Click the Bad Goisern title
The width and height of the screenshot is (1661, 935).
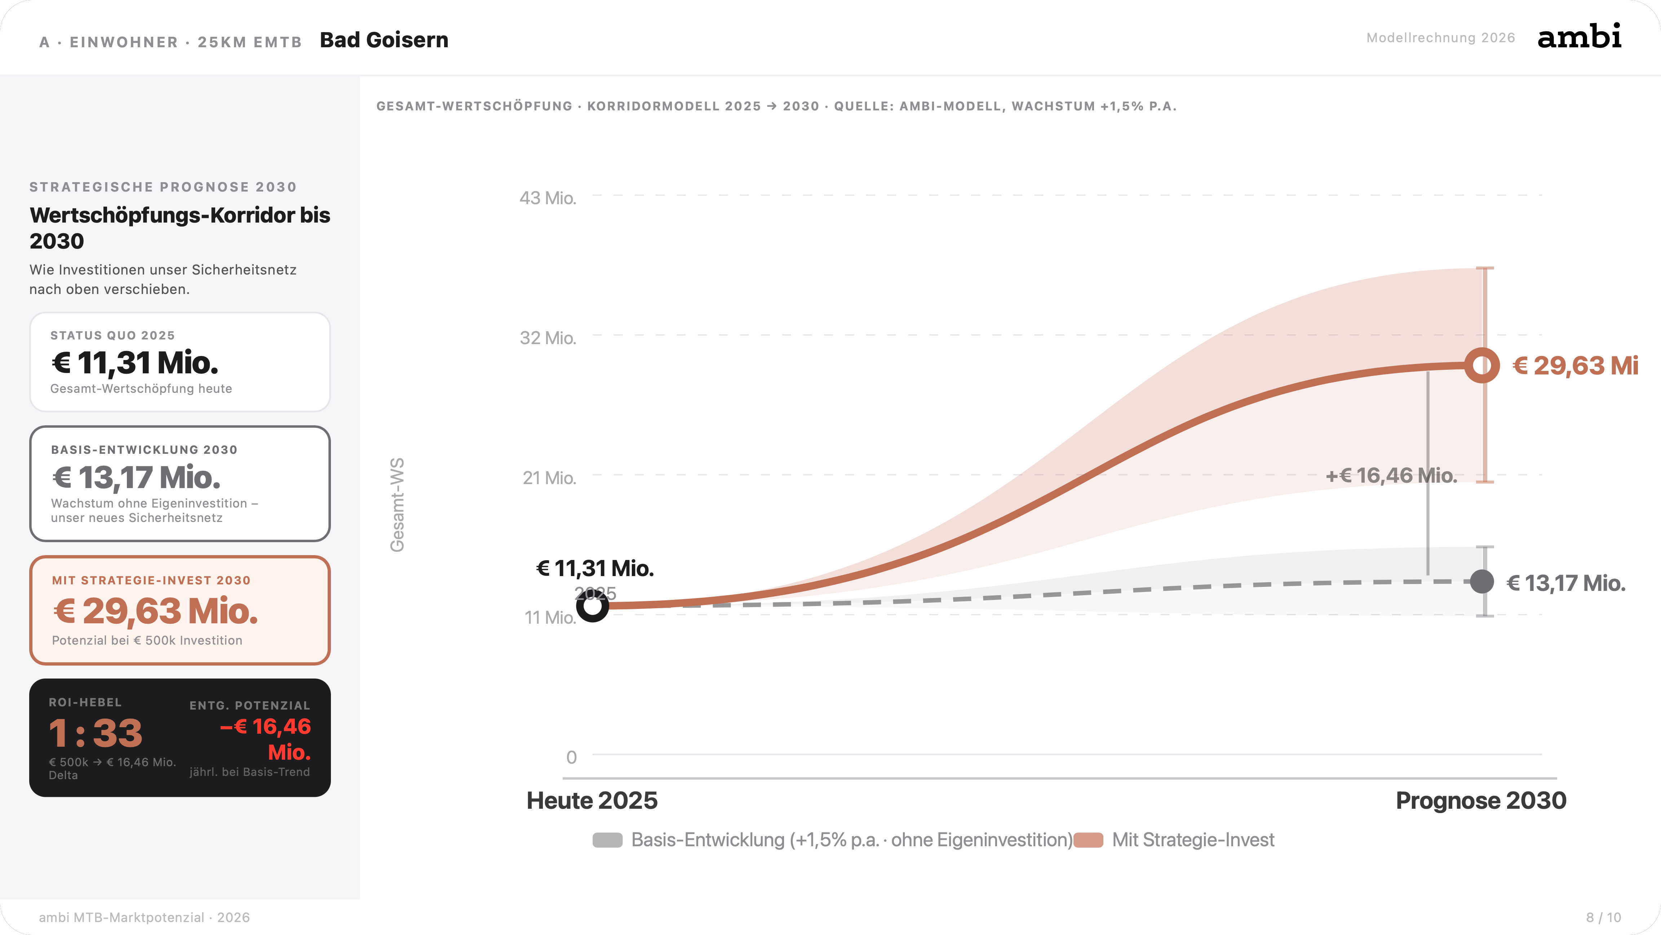[384, 40]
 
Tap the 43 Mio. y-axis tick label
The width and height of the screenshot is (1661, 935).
[548, 198]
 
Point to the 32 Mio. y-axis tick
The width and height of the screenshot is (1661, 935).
[548, 338]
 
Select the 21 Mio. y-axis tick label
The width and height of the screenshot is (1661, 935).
[549, 478]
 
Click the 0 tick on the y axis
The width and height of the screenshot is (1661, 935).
[571, 758]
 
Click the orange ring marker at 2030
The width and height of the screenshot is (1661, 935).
[1482, 366]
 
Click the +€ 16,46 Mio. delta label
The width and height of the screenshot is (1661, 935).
[1391, 475]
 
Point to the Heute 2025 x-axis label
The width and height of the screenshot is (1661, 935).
[592, 801]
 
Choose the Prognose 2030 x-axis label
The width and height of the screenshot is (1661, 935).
[1480, 801]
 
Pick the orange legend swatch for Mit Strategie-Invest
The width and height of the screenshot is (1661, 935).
[1089, 840]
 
